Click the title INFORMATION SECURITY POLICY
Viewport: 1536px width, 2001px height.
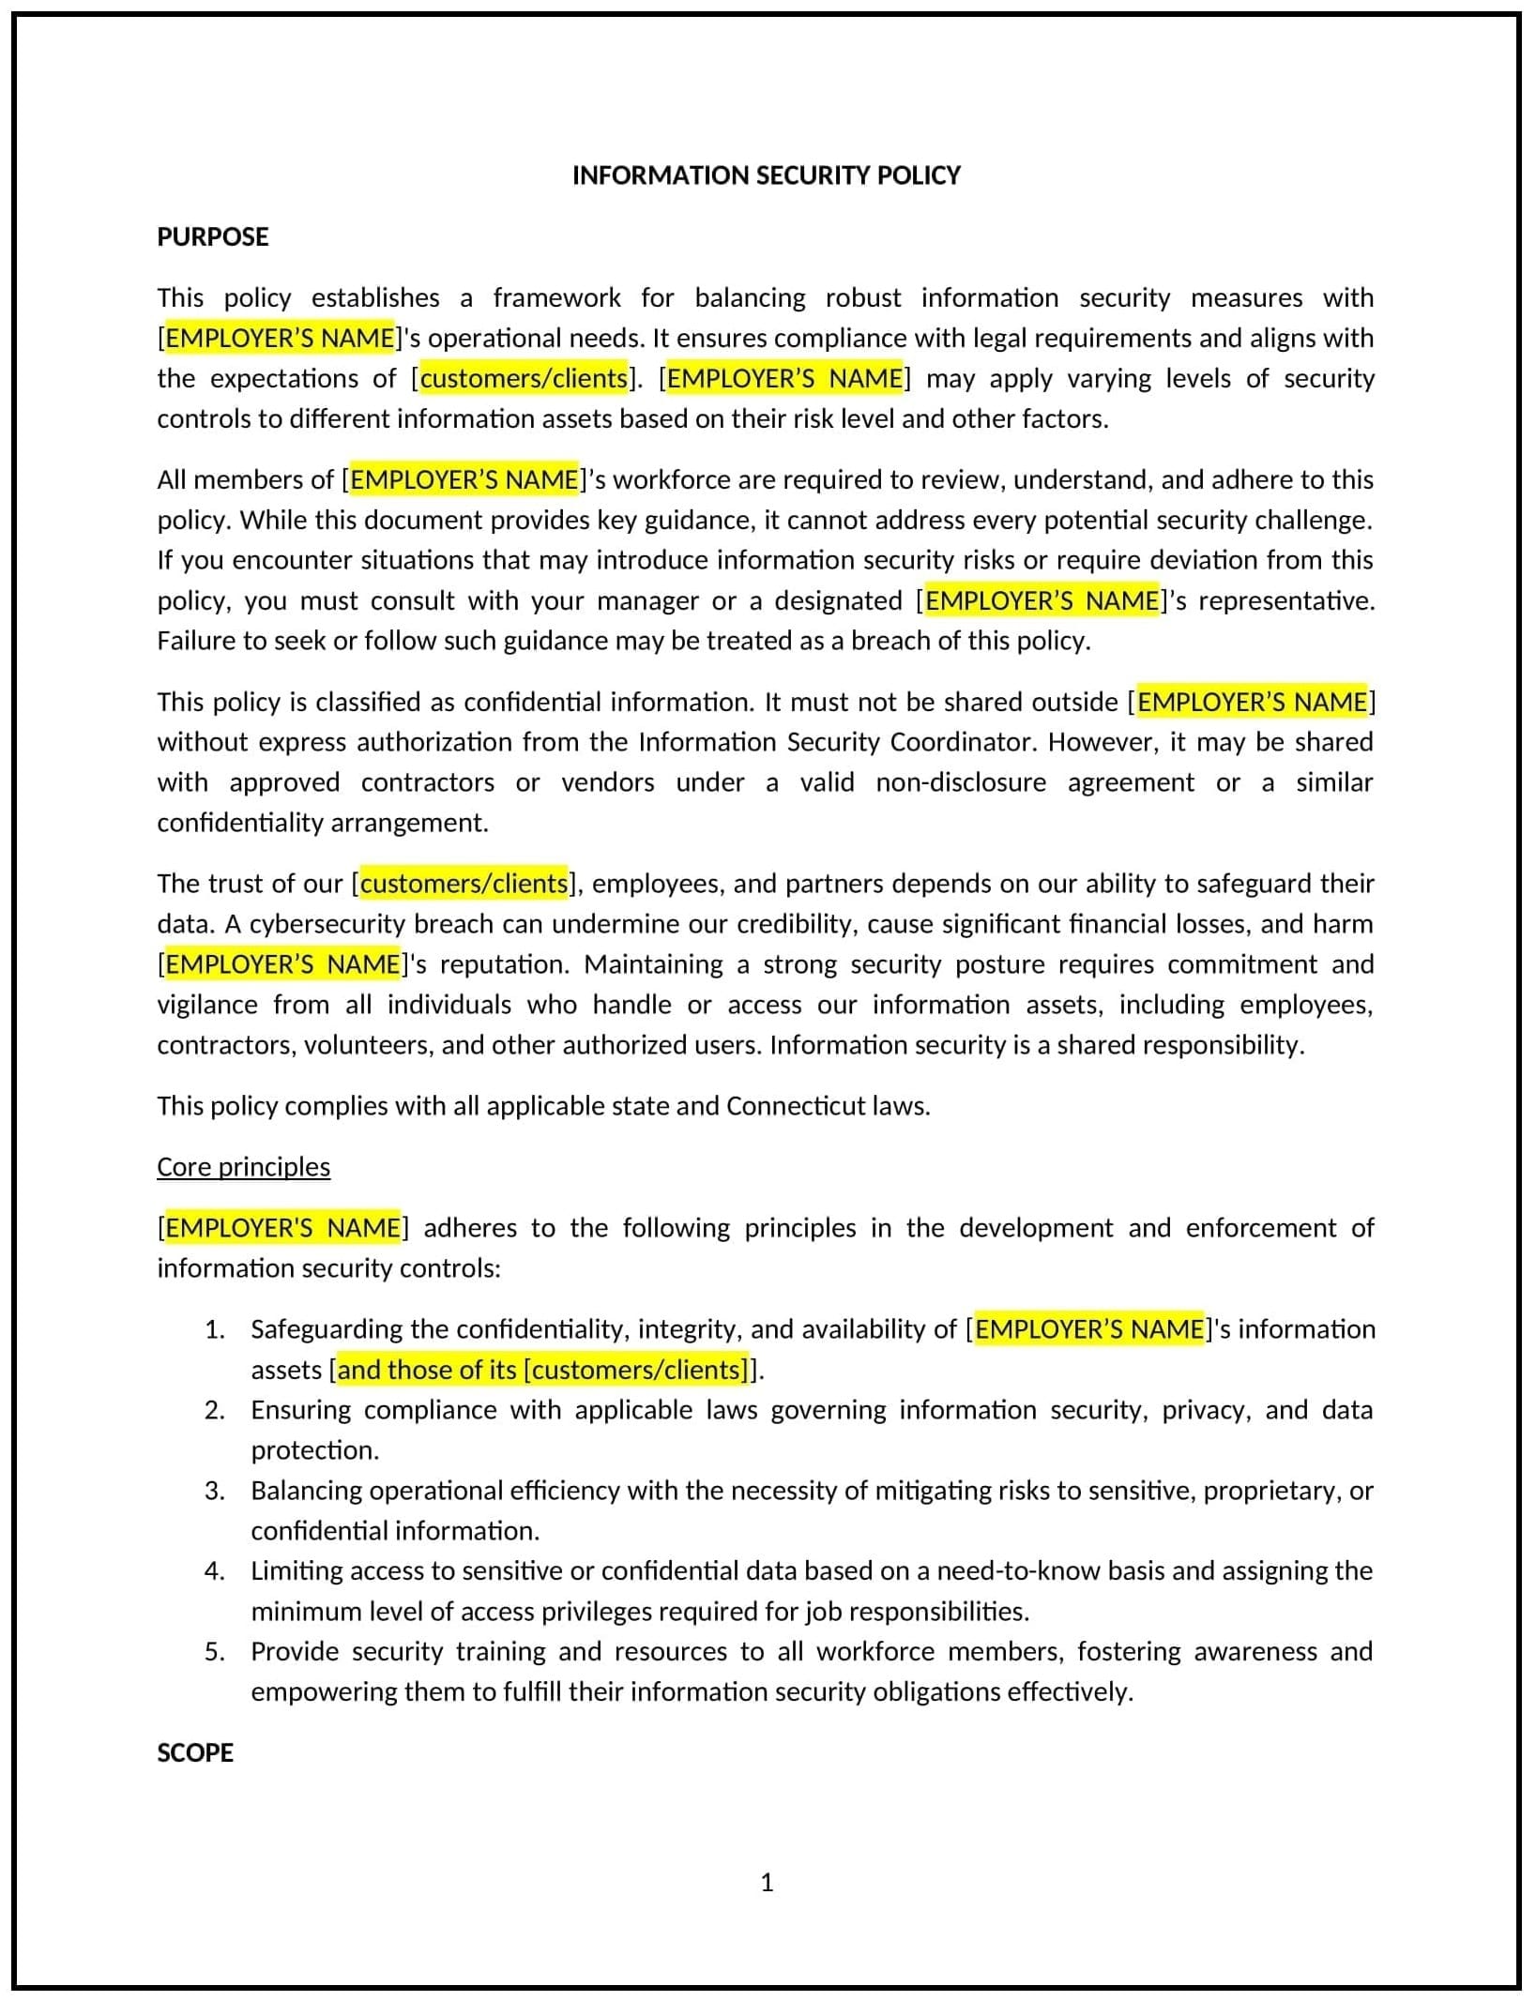pos(766,175)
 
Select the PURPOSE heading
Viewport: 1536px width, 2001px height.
pos(212,236)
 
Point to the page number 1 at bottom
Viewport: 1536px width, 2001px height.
pos(767,1882)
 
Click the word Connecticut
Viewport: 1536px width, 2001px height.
pos(795,1106)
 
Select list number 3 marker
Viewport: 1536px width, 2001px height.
pos(215,1491)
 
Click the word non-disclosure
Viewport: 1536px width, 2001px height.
pos(960,782)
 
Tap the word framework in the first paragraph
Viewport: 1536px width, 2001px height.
pos(556,297)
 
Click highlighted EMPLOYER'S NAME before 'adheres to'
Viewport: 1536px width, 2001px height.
pos(282,1228)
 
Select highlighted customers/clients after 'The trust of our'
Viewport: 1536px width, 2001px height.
pos(464,884)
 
